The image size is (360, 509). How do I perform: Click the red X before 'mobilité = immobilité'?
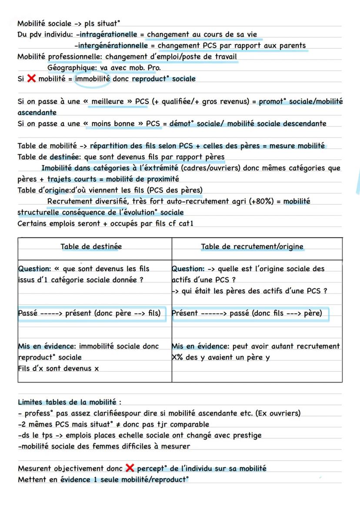[31, 79]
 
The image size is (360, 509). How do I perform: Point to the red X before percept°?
[130, 468]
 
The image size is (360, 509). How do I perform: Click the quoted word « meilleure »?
[107, 101]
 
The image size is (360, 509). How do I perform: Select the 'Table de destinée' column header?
[91, 246]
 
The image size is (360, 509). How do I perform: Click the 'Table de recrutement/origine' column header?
[252, 246]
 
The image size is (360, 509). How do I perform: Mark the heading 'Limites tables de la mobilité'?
[70, 402]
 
